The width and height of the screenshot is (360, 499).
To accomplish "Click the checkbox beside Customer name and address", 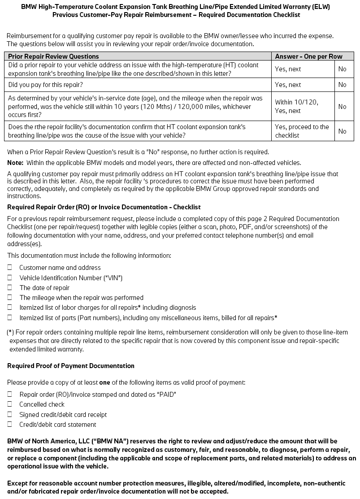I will click(x=9, y=268).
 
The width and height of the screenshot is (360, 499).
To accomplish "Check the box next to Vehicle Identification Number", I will click(x=9, y=278).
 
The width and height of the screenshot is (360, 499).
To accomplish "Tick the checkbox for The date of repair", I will click(x=9, y=288).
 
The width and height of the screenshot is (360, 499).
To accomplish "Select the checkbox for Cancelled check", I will click(x=9, y=404).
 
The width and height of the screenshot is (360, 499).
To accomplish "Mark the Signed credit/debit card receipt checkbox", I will click(x=9, y=414).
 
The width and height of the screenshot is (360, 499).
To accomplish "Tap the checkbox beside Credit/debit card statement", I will click(x=9, y=425).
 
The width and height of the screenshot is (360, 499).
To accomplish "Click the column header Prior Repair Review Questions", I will click(x=54, y=56).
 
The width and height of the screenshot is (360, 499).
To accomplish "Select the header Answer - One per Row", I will click(x=308, y=56).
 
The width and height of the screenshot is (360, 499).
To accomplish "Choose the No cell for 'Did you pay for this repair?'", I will click(x=343, y=85).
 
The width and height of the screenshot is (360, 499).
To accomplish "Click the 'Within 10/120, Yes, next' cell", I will click(x=297, y=107).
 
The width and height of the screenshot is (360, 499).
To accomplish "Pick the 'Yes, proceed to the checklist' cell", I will click(x=302, y=131).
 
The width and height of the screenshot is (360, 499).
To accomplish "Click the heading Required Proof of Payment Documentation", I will click(x=71, y=366).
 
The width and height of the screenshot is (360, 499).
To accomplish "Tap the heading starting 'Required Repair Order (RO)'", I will click(x=104, y=207).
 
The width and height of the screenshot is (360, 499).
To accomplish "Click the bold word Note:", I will click(x=15, y=163).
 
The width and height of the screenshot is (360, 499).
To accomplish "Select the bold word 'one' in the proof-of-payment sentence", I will click(x=104, y=382).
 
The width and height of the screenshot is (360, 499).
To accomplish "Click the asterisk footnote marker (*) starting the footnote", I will click(x=10, y=332).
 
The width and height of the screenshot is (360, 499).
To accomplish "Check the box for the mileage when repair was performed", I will click(x=9, y=298).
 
